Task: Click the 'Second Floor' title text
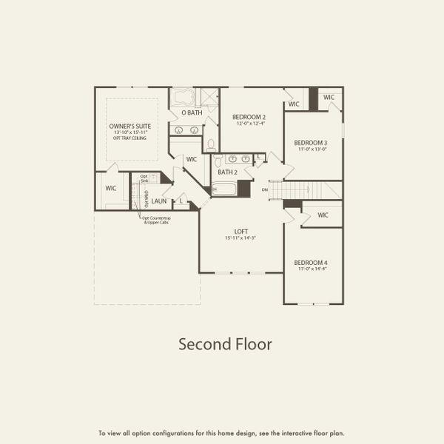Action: pyautogui.click(x=225, y=344)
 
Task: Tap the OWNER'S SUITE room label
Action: pyautogui.click(x=130, y=127)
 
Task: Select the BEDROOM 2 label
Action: pyautogui.click(x=249, y=117)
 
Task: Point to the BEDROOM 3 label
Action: pyautogui.click(x=310, y=143)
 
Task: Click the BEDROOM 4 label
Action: pyautogui.click(x=310, y=263)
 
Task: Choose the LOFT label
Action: pyautogui.click(x=240, y=231)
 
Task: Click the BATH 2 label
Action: pyautogui.click(x=226, y=172)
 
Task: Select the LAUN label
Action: pyautogui.click(x=159, y=201)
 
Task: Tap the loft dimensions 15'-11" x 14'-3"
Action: pyautogui.click(x=240, y=238)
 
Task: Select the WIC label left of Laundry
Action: pyautogui.click(x=111, y=189)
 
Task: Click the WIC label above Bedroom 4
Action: pyautogui.click(x=323, y=215)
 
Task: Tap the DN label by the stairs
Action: pyautogui.click(x=264, y=190)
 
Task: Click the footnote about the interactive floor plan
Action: pyautogui.click(x=222, y=433)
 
